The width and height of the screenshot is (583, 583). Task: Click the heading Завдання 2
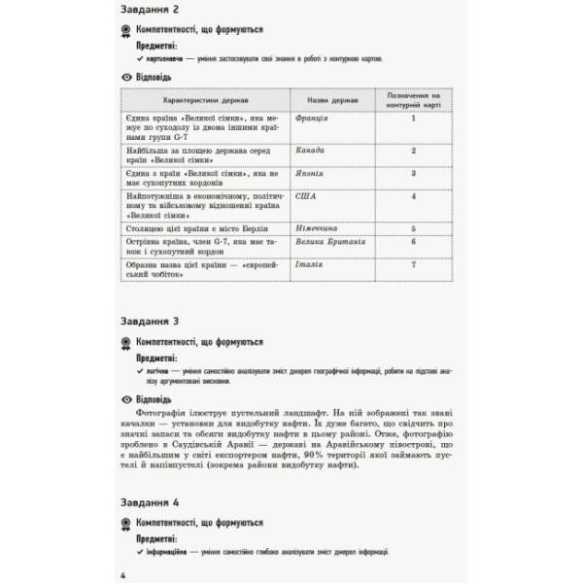coord(153,12)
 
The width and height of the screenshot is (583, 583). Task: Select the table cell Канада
coord(310,152)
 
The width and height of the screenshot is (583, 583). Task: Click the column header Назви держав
coord(326,100)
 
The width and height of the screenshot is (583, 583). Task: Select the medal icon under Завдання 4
coord(125,522)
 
